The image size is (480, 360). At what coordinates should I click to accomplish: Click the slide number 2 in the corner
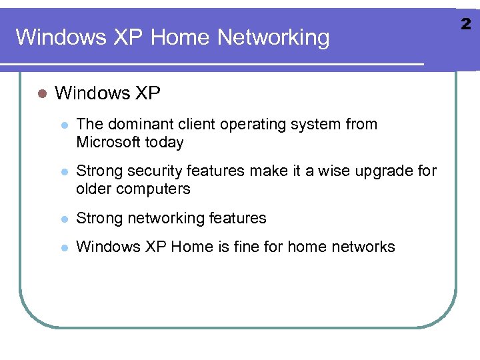coord(466,25)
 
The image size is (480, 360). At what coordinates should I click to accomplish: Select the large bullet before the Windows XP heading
coord(41,93)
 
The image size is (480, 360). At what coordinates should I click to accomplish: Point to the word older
coord(94,189)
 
